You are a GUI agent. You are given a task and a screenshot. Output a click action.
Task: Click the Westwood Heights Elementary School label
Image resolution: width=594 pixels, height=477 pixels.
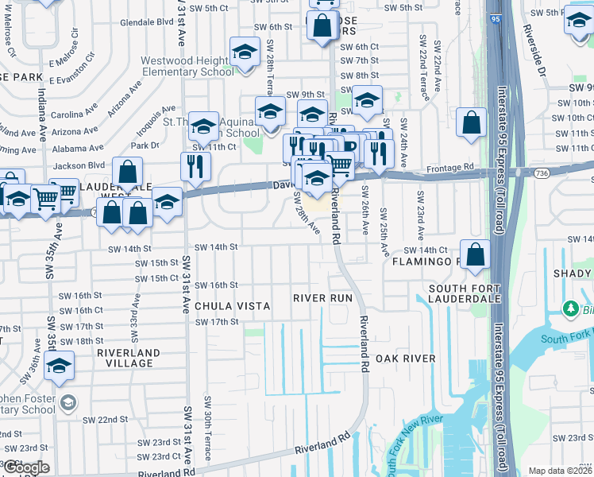coord(188,66)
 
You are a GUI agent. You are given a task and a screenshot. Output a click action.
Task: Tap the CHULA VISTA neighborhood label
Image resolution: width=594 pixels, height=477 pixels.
coord(233,306)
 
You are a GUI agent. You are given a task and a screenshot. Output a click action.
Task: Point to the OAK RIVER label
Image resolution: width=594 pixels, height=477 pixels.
coord(406,359)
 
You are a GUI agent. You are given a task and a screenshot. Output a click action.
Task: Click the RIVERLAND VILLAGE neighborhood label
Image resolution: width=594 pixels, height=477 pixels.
coord(129,358)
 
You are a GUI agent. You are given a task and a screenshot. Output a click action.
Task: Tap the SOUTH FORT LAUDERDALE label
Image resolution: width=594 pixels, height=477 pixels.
coord(465,293)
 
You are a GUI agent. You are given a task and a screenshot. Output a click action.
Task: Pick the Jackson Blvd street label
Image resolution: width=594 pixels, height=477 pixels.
coord(79,165)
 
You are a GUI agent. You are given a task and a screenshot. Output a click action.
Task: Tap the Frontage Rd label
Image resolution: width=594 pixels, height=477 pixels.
coord(452,167)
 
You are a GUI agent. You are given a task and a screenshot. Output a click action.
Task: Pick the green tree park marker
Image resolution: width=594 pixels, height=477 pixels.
coord(569,308)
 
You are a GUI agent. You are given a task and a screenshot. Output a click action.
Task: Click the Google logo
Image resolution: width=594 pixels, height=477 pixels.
coord(25,467)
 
